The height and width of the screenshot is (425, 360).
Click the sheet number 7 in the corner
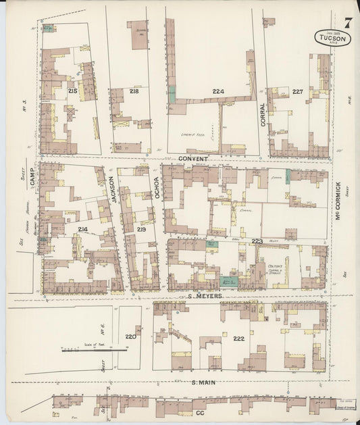click(x=346, y=24)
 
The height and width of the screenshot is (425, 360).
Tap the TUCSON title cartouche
click(x=332, y=39)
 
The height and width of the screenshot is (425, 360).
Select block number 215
click(x=72, y=91)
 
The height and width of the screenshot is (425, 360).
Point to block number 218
click(x=134, y=91)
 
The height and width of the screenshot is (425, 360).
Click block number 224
click(x=217, y=91)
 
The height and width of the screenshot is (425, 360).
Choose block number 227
click(x=298, y=91)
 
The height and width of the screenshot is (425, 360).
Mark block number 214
click(x=82, y=230)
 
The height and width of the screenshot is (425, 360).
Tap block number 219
click(x=141, y=230)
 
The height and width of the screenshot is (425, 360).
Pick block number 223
click(x=257, y=241)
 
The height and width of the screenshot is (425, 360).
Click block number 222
click(x=238, y=338)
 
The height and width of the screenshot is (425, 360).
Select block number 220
click(x=130, y=336)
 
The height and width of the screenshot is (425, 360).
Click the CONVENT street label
click(x=194, y=159)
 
